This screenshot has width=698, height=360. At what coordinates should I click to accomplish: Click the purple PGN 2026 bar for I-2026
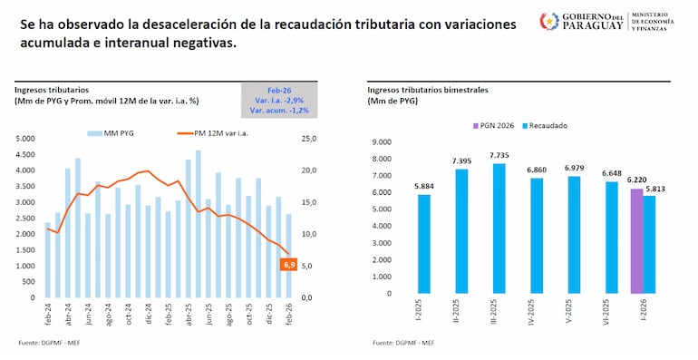point(636,241)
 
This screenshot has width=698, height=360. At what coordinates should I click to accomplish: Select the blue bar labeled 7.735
point(499,229)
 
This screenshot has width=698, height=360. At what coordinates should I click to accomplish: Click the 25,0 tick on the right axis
point(309,139)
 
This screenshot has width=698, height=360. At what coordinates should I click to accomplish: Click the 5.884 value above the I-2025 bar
point(423,188)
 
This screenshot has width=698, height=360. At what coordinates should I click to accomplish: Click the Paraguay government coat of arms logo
point(549,21)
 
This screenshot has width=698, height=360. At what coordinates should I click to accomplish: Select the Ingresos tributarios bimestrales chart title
point(428,90)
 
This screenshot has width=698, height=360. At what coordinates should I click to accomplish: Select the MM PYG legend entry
point(113,132)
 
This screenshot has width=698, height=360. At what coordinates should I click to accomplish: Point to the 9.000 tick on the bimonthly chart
point(381,141)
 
